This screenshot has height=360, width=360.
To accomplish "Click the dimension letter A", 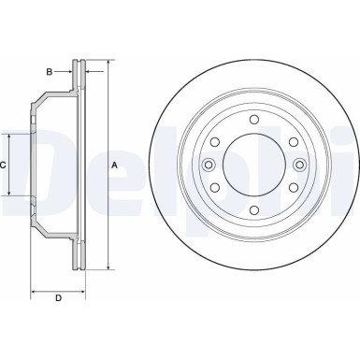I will click(x=115, y=166).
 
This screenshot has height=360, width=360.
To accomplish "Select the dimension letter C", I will click(x=4, y=166).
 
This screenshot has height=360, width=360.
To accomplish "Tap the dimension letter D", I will click(x=57, y=299).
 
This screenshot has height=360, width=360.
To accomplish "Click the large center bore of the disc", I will click(x=252, y=166).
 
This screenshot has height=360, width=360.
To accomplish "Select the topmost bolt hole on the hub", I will click(x=252, y=119).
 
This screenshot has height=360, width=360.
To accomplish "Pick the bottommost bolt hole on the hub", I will click(x=252, y=211).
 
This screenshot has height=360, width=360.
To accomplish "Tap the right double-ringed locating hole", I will click(x=299, y=166).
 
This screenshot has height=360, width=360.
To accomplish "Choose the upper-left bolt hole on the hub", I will click(x=213, y=142).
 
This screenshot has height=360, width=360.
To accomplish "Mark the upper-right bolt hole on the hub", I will click(x=293, y=142).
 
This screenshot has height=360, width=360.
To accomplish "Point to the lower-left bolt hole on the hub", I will click(x=213, y=188).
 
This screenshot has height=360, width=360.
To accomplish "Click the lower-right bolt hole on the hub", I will click(x=293, y=188).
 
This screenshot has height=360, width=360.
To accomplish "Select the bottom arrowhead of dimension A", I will click(x=108, y=267).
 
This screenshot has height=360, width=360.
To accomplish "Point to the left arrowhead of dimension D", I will click(x=35, y=291).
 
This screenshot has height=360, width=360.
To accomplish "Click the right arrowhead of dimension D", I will click(x=82, y=291).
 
